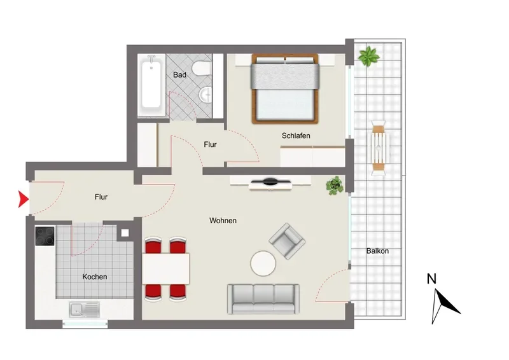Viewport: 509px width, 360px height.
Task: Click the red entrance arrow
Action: pyautogui.click(x=23, y=199)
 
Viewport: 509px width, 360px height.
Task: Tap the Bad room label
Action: pyautogui.click(x=179, y=75)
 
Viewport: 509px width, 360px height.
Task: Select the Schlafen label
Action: pyautogui.click(x=296, y=135)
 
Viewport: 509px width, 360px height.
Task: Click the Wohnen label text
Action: pyautogui.click(x=223, y=221)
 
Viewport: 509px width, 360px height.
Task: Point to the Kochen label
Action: pyautogui.click(x=94, y=277)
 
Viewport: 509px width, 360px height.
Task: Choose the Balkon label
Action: pyautogui.click(x=377, y=251)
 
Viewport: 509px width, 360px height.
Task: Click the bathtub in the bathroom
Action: pyautogui.click(x=151, y=85)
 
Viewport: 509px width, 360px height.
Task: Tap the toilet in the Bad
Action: pyautogui.click(x=201, y=69)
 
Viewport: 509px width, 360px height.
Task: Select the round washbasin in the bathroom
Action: pyautogui.click(x=205, y=95)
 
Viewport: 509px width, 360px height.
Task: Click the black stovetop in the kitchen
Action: pyautogui.click(x=45, y=237)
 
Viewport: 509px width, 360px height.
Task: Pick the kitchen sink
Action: pyautogui.click(x=84, y=310)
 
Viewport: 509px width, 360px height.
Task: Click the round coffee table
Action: pyautogui.click(x=263, y=263)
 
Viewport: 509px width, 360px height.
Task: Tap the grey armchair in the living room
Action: pyautogui.click(x=287, y=241)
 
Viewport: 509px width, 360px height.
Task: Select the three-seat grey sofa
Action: pyautogui.click(x=263, y=299)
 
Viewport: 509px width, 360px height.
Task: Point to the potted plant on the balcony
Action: pyautogui.click(x=369, y=56)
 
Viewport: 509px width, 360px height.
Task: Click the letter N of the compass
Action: pyautogui.click(x=431, y=279)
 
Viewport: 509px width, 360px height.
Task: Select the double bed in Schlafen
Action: pyautogui.click(x=284, y=89)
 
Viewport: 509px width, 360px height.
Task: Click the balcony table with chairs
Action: pyautogui.click(x=379, y=148)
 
